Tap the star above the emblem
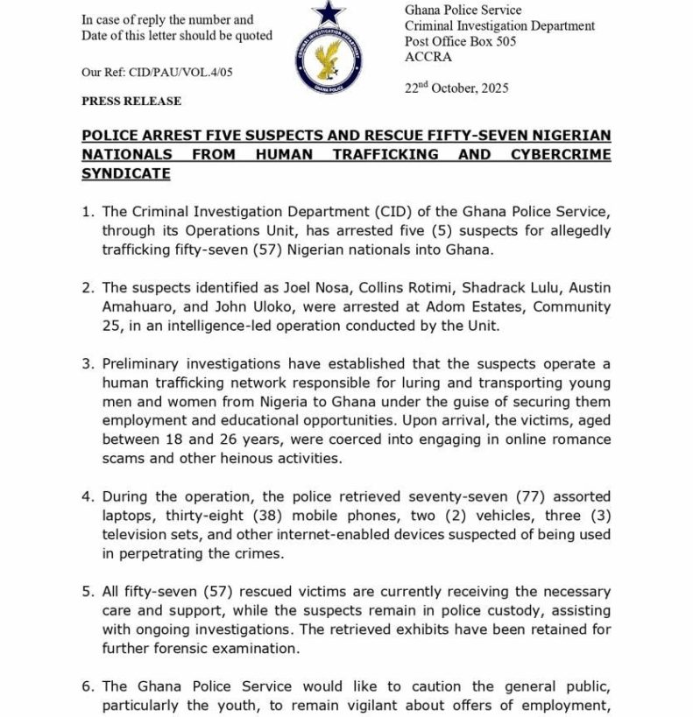329,12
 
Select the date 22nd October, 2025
456,88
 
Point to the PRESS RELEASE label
131,101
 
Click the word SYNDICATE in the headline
125,173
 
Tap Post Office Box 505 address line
460,42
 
